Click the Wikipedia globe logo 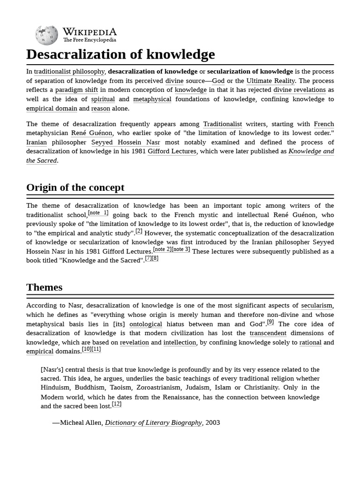tap(46, 35)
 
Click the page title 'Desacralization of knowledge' tap(120, 54)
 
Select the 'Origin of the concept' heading tap(75, 187)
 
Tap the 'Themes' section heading tap(45, 287)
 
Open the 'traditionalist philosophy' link tap(69, 72)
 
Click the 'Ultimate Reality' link tap(270, 81)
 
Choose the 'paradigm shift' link tap(76, 90)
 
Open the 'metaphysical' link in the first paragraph tap(152, 99)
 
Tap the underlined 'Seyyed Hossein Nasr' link tap(126, 142)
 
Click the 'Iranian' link tap(37, 142)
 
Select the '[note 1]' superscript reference tap(98, 213)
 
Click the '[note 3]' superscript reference tap(180, 249)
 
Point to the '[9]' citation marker tap(270, 322)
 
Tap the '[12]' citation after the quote tap(117, 404)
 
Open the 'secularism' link tap(317, 306)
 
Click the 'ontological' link tap(146, 324)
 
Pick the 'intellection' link tap(180, 343)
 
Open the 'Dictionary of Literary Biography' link tap(153, 423)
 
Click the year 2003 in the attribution tap(212, 423)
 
